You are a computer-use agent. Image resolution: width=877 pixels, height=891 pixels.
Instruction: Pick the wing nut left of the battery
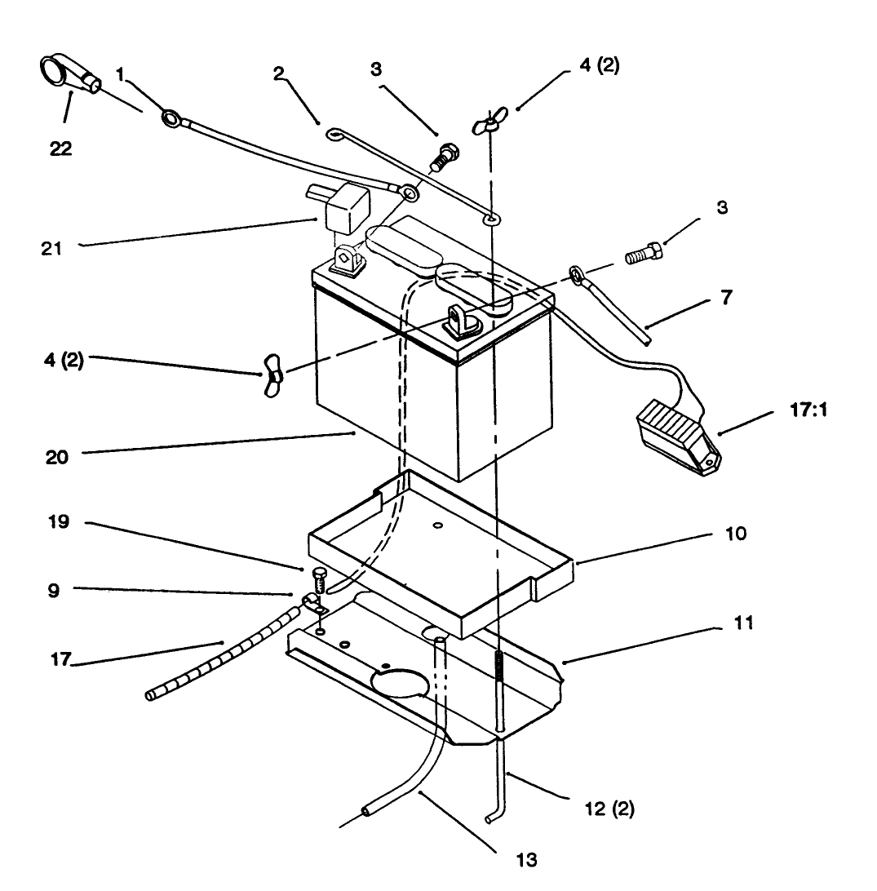(x=271, y=375)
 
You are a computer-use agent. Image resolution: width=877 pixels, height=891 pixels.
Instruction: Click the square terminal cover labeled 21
(x=343, y=206)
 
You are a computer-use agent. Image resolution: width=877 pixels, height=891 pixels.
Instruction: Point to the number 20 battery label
(x=57, y=457)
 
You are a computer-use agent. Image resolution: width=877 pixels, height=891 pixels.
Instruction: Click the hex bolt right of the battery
(x=644, y=255)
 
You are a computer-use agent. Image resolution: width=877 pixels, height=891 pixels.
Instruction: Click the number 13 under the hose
(x=527, y=858)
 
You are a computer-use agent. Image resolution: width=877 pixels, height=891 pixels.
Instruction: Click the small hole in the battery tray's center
(x=438, y=526)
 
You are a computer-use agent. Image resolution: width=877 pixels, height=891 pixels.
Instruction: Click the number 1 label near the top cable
(x=120, y=73)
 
